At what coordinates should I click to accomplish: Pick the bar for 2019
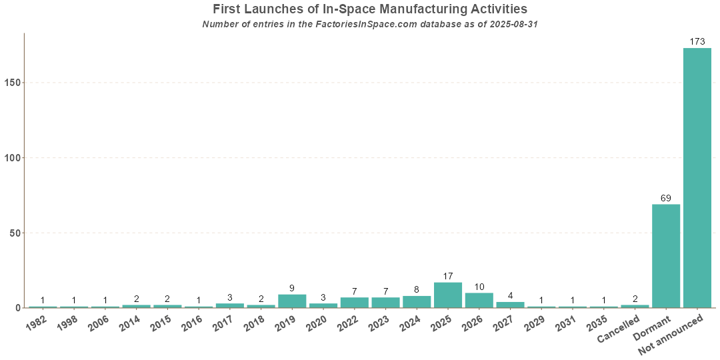coord(292,301)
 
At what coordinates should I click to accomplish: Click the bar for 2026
coord(479,301)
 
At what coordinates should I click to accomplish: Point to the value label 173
coord(697,42)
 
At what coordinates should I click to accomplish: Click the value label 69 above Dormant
coord(665,198)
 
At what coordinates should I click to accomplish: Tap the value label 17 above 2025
coord(447,276)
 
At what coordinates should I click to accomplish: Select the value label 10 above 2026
coord(479,287)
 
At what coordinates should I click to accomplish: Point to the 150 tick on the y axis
coord(13,83)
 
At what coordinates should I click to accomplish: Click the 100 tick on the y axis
coord(13,158)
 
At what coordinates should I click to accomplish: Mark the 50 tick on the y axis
coord(15,233)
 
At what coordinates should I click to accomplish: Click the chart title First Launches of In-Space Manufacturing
coord(370,9)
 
